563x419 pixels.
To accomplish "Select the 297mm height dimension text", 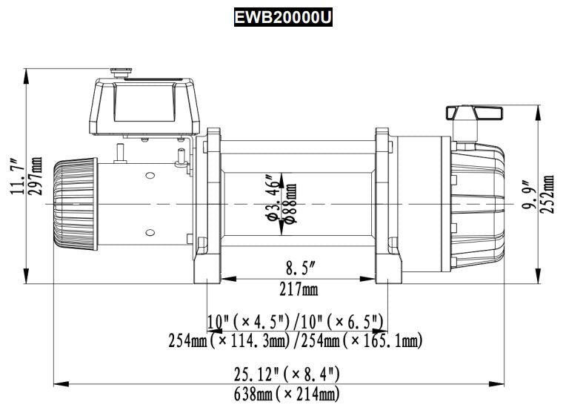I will [x=34, y=177].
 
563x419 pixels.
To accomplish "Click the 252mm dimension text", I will [x=547, y=194].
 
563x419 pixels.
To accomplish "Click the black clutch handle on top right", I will [x=473, y=113].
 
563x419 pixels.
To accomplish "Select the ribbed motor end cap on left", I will [x=74, y=202].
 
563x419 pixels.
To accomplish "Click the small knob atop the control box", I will [x=120, y=72].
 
